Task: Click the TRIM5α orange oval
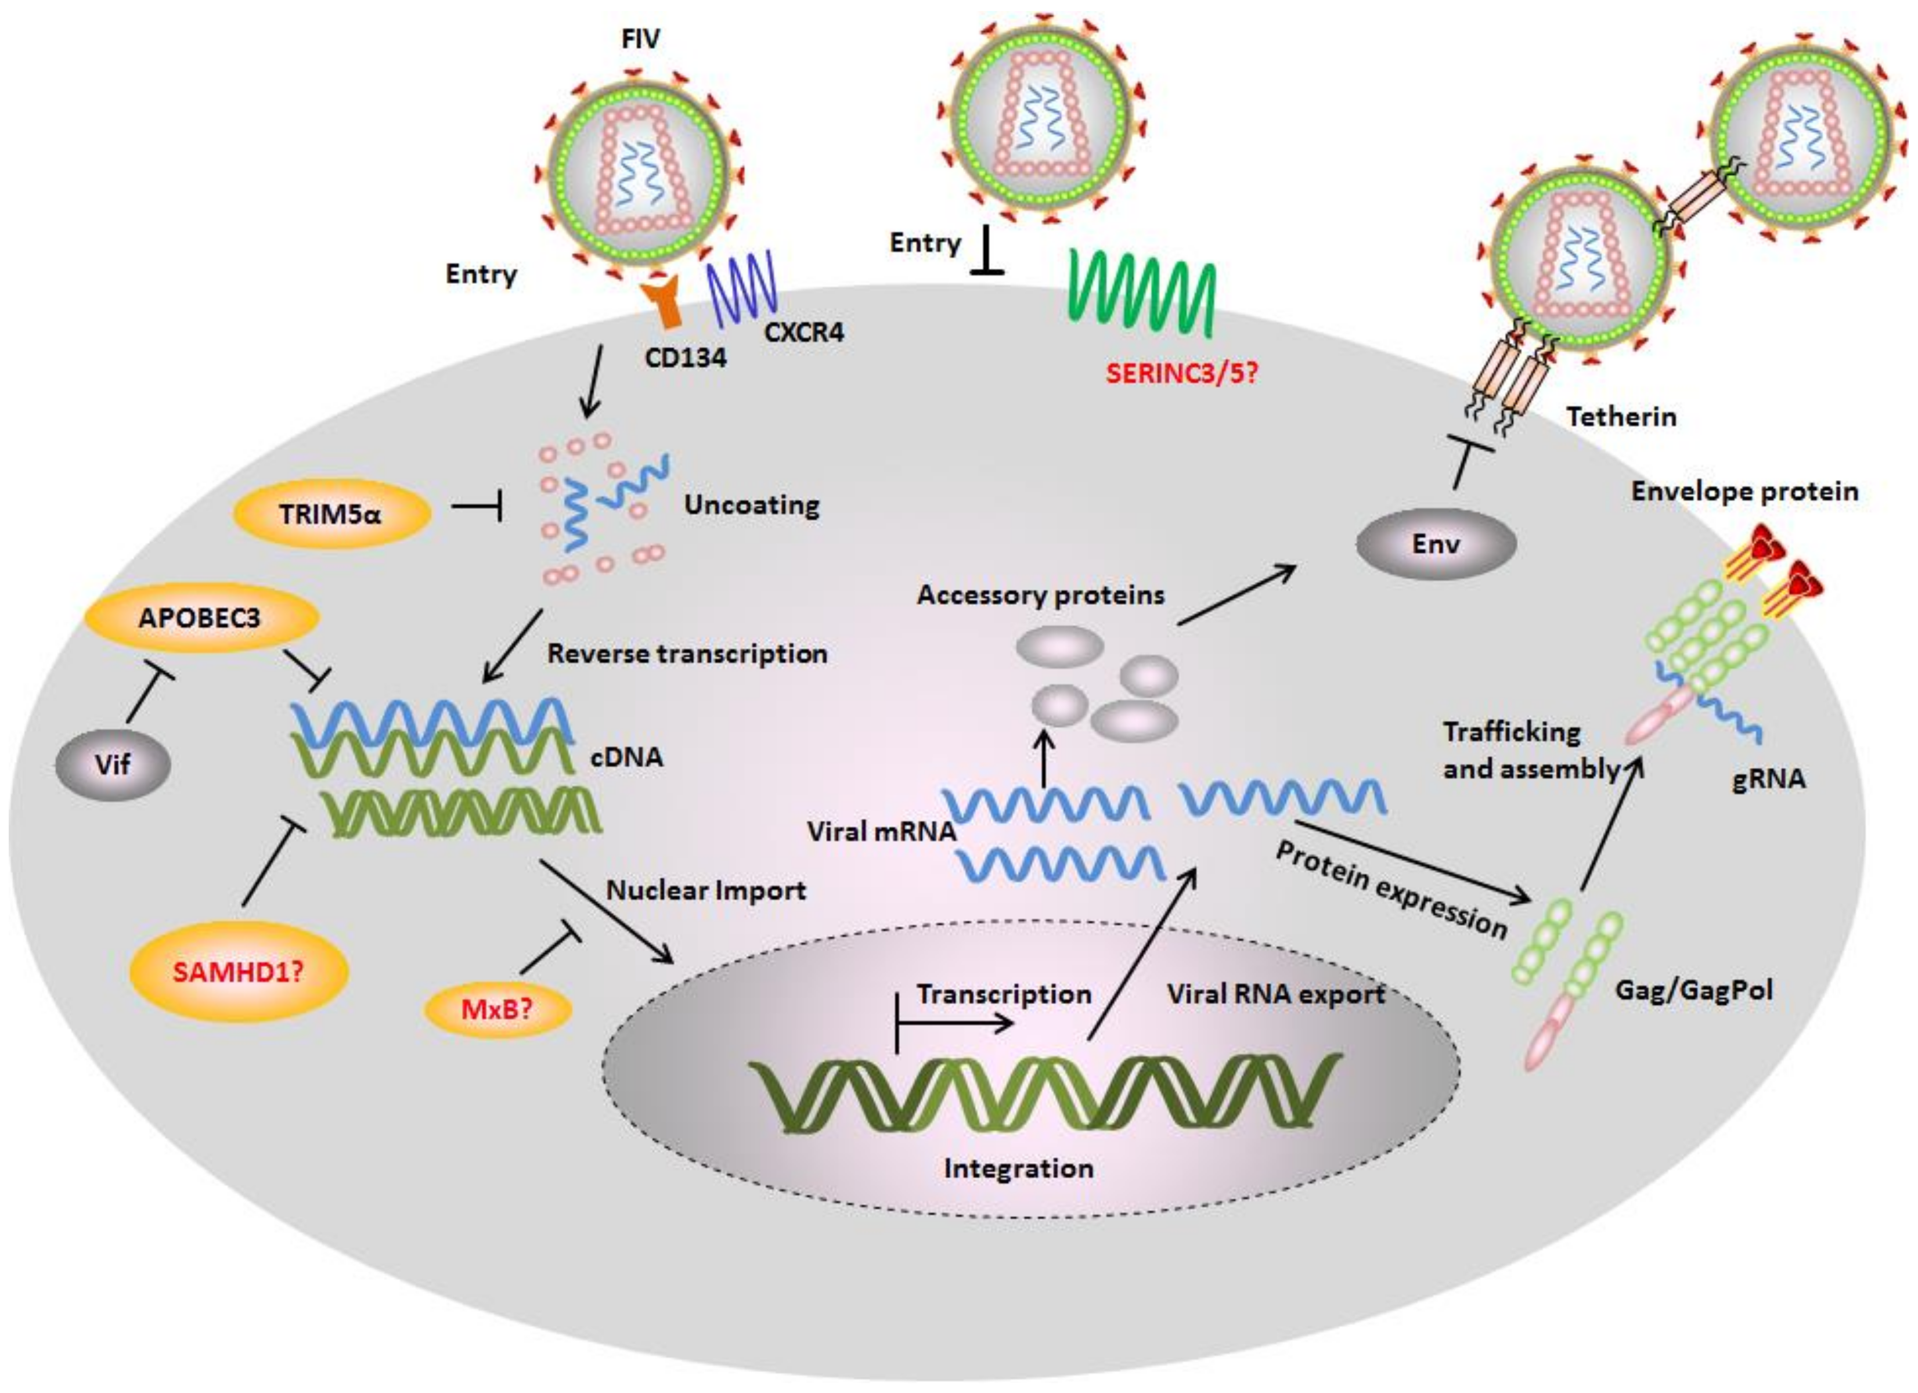coord(331,514)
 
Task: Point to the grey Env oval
coord(1435,544)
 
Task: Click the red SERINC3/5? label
coord(1181,373)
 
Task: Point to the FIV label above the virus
coord(640,39)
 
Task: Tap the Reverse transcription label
coord(687,654)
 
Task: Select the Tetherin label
coord(1620,417)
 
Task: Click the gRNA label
coord(1768,779)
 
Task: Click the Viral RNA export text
coord(1275,995)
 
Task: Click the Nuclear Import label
coord(705,890)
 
